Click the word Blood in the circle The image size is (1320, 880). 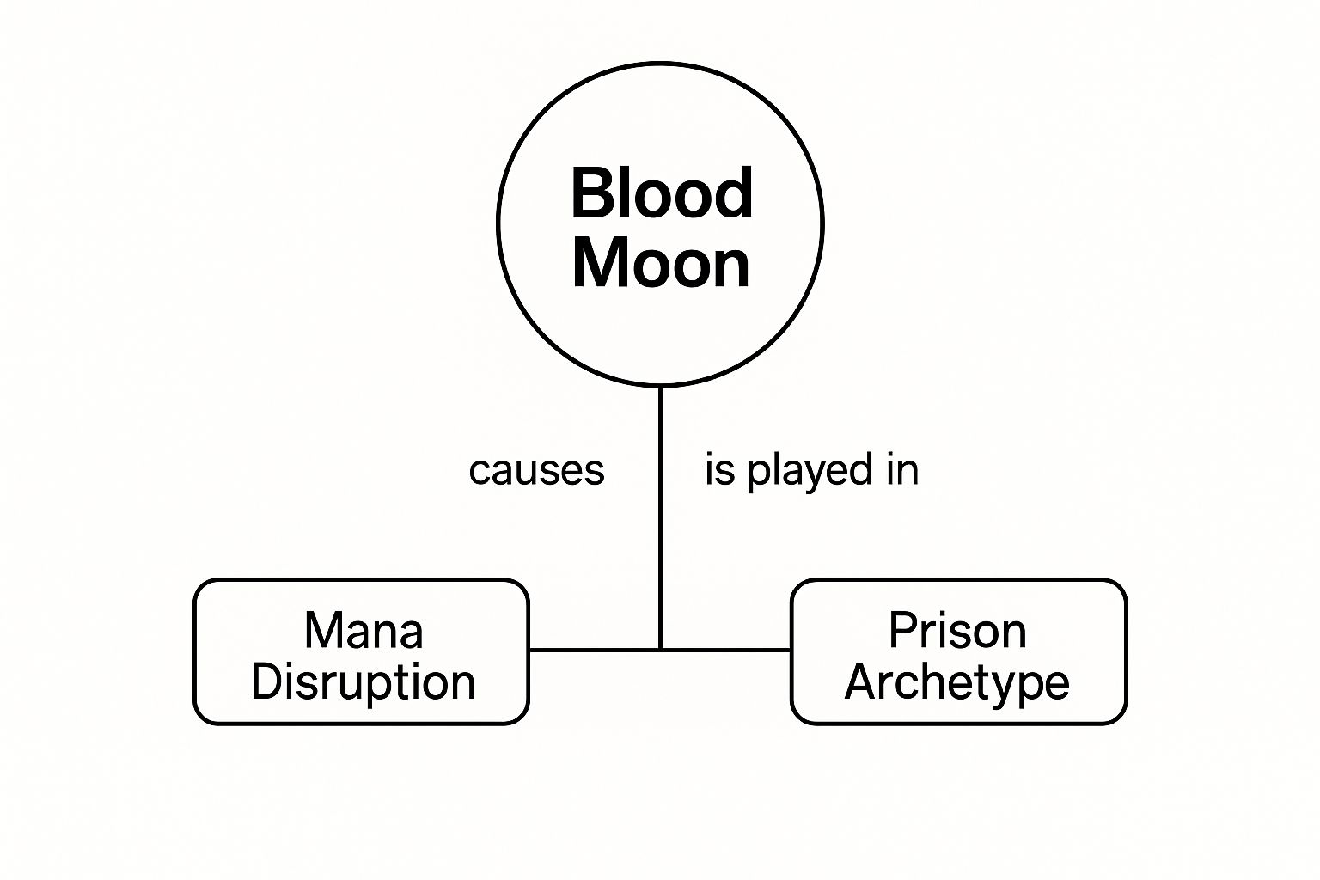pos(662,193)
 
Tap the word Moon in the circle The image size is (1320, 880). pos(661,263)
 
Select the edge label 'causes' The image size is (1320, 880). pos(536,471)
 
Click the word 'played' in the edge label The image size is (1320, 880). pos(798,472)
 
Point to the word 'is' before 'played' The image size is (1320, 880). pos(719,470)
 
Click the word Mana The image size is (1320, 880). pos(363,631)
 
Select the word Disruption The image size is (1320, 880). pos(363,682)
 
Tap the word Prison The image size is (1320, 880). pos(957,631)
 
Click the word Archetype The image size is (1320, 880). pos(956,683)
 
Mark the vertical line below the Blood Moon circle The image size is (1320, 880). pos(660,516)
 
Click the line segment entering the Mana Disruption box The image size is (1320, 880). pos(593,650)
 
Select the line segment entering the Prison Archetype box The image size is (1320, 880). pos(726,650)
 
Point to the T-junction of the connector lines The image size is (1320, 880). pos(660,650)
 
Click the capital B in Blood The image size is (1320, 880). pos(590,193)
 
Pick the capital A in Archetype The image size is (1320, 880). pos(861,682)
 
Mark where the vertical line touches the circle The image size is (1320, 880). pos(660,387)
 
